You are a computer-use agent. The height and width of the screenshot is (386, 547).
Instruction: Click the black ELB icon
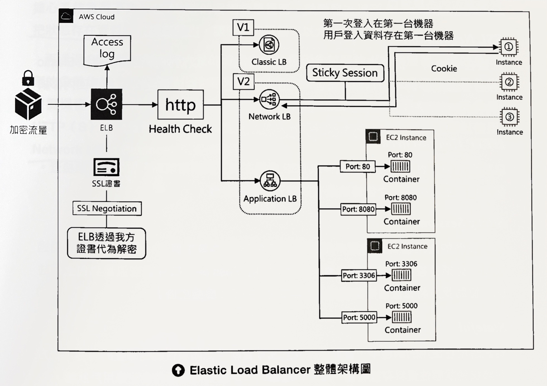coord(106,104)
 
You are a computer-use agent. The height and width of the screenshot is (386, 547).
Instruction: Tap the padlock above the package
coord(28,78)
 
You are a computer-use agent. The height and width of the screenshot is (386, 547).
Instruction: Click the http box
coord(180,105)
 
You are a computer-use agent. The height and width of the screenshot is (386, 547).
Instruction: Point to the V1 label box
coord(243,27)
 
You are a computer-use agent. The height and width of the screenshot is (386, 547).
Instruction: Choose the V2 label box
coord(243,82)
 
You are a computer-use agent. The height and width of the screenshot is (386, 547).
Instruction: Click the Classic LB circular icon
coord(269,45)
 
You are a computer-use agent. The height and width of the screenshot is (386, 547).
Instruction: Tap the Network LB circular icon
coord(269,99)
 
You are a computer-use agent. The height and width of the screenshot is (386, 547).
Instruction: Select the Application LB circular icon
coord(270,181)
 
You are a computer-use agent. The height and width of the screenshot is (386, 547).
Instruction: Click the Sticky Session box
coord(345,73)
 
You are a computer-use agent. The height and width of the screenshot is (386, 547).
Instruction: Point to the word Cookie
coord(444,69)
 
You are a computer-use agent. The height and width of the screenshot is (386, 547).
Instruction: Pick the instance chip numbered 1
coord(509,47)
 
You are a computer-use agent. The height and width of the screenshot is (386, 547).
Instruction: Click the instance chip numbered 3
coord(510,117)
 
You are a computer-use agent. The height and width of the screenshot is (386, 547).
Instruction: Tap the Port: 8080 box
coord(358,209)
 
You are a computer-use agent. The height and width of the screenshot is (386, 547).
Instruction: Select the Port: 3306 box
coord(359,276)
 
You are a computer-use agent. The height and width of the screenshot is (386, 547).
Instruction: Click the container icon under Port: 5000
coord(402,317)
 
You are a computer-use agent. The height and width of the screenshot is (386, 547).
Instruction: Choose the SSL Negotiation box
coord(107,209)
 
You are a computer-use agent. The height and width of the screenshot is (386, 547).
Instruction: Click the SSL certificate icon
coord(106,167)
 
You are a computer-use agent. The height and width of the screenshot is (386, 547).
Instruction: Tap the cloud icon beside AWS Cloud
coord(66,16)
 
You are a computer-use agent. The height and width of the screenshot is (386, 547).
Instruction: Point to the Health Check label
coord(180,129)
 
